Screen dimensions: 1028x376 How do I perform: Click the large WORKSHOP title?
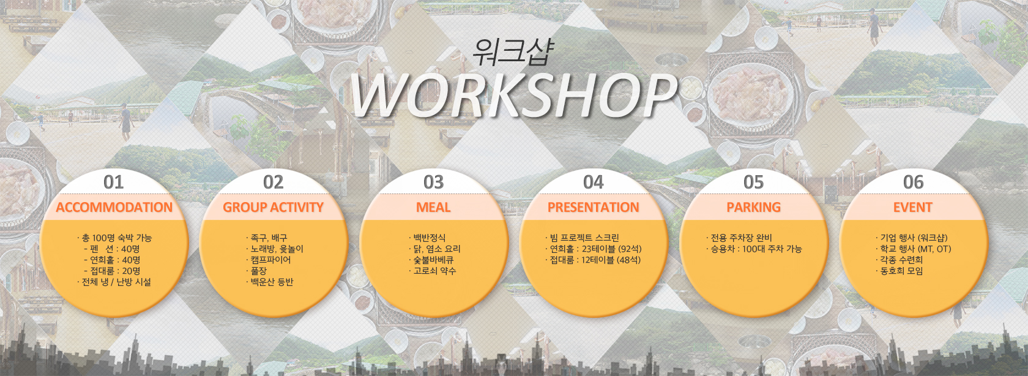click(514, 95)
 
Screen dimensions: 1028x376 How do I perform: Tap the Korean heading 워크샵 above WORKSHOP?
click(513, 52)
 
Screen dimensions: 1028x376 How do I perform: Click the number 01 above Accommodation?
click(113, 182)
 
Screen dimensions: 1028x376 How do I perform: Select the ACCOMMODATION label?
click(114, 207)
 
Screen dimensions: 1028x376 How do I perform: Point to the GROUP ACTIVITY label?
click(273, 207)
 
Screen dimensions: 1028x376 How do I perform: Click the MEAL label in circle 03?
click(433, 207)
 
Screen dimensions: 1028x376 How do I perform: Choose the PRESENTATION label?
click(594, 207)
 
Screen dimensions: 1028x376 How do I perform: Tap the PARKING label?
click(754, 207)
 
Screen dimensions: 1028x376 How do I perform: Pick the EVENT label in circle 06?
click(913, 207)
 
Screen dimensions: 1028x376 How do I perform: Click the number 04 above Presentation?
click(594, 182)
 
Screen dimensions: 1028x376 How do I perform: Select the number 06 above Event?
click(913, 182)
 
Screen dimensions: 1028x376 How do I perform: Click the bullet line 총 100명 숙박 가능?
click(114, 238)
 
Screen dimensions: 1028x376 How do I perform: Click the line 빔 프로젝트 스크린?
click(582, 238)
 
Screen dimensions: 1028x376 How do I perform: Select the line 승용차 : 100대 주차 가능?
click(754, 249)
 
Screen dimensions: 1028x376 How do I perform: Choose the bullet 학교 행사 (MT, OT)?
click(913, 249)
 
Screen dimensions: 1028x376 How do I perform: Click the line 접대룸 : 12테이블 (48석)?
click(592, 260)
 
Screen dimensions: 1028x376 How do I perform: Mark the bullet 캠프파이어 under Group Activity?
click(268, 260)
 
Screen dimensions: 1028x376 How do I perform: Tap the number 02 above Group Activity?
click(273, 182)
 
